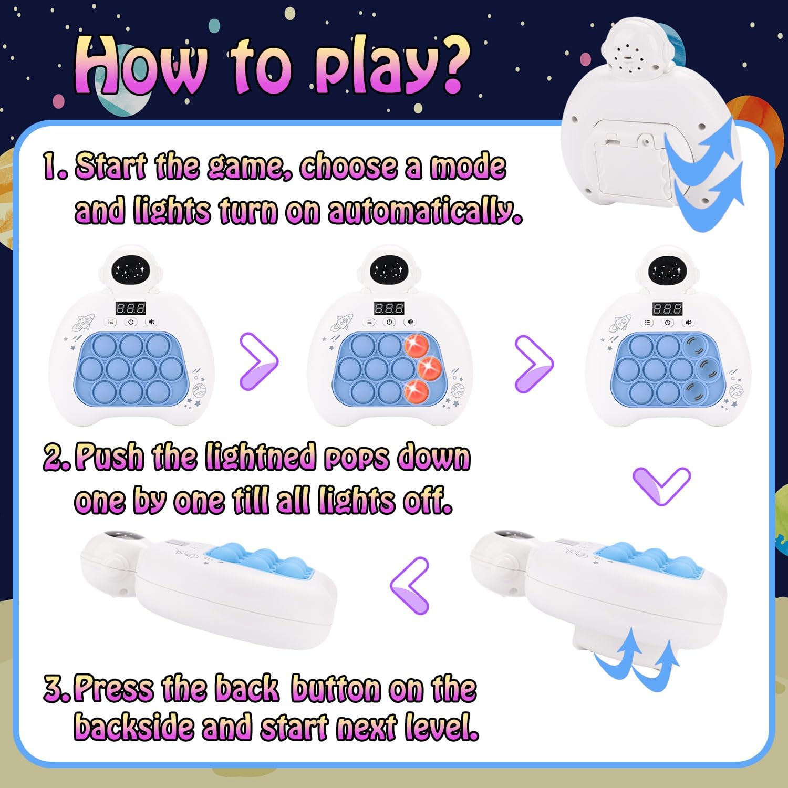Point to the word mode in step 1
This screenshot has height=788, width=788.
point(468,167)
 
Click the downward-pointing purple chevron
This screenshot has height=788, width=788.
point(661,486)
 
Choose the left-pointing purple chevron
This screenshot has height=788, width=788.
point(410,585)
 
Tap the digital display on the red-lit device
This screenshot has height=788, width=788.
point(389,308)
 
